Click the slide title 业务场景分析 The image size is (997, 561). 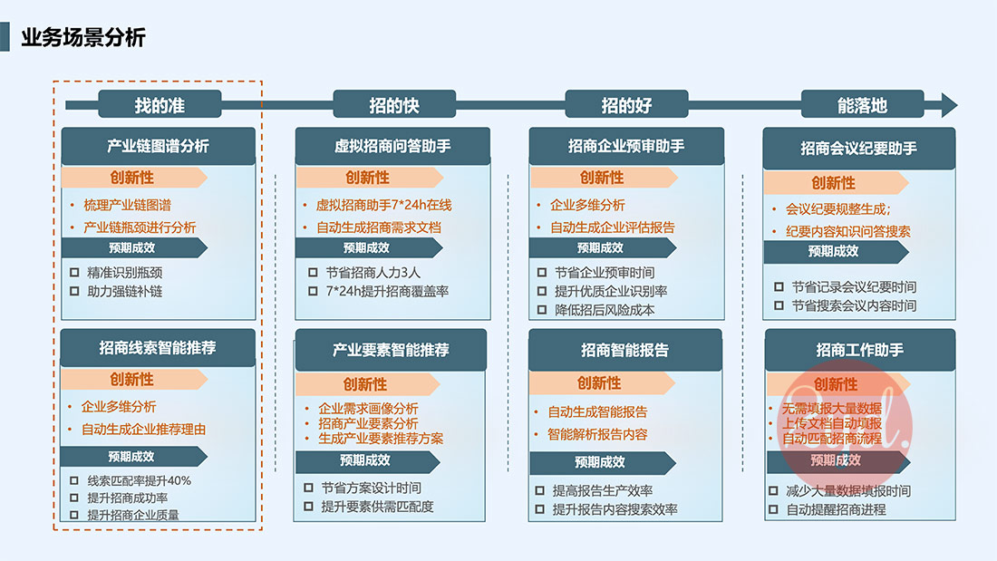tap(83, 38)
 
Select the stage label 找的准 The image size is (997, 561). tap(160, 105)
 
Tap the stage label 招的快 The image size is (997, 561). tap(393, 105)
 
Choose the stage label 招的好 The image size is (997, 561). tap(626, 105)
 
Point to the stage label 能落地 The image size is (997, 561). tap(862, 105)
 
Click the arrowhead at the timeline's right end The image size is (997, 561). tap(948, 105)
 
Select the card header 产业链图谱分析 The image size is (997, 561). tap(159, 146)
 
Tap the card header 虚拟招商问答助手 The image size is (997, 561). tap(392, 146)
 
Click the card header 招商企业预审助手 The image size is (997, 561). tap(626, 146)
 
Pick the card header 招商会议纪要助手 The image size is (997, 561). tap(859, 148)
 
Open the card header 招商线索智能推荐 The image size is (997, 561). tap(159, 347)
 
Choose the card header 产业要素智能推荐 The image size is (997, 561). tap(391, 349)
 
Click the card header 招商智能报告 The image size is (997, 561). tap(625, 349)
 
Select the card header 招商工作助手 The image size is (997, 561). tap(860, 350)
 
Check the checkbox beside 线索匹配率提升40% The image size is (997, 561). tap(75, 480)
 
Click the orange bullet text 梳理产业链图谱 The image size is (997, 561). tap(126, 205)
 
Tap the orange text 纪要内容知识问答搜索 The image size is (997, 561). tap(848, 231)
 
